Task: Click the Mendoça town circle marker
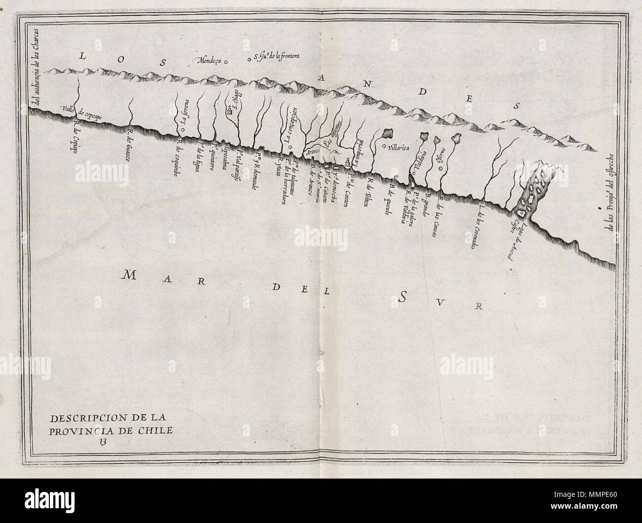coord(226,62)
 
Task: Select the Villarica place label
coord(402,147)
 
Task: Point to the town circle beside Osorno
coord(441,168)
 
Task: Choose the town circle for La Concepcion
coord(290,147)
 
